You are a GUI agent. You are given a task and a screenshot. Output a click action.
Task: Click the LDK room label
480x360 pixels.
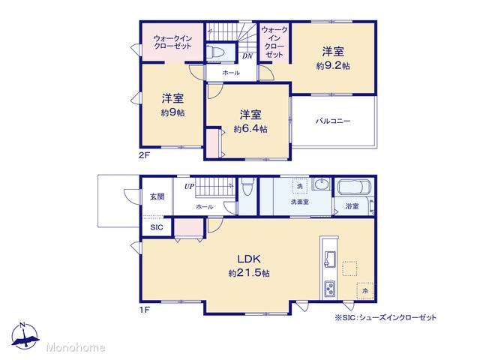(x=249, y=259)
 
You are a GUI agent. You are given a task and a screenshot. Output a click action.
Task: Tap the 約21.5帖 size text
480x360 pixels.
(x=249, y=273)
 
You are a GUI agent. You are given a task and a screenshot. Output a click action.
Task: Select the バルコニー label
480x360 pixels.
(x=333, y=121)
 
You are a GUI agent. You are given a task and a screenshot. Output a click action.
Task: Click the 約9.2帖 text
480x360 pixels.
(x=333, y=66)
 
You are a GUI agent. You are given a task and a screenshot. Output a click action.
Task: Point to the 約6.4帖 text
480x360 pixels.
(x=250, y=129)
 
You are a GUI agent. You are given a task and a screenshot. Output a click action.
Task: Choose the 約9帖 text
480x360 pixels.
(x=172, y=112)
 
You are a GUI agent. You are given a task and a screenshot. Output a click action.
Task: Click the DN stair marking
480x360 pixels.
(x=247, y=56)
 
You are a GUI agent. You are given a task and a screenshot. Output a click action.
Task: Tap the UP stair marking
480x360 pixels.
(x=189, y=186)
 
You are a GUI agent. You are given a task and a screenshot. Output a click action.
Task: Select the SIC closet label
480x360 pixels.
(x=157, y=227)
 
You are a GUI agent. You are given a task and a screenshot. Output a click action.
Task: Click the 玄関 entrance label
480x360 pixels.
(x=157, y=196)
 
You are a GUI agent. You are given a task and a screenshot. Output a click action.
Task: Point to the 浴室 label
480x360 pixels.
(x=352, y=206)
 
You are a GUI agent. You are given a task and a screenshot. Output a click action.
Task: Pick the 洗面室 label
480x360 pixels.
(x=300, y=202)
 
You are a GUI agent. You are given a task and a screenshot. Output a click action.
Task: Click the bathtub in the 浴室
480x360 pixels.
(x=354, y=187)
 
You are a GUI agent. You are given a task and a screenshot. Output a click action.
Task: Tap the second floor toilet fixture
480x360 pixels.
(x=215, y=52)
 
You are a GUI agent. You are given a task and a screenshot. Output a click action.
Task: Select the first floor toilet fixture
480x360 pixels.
(x=247, y=187)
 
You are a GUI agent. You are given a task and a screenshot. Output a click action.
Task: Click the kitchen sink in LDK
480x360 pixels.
(x=330, y=259)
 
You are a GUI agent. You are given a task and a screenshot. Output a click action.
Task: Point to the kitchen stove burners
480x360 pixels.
(x=330, y=289)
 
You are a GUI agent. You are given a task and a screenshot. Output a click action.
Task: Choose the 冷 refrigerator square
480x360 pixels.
(x=365, y=290)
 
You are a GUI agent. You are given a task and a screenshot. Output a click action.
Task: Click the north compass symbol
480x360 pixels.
(x=24, y=336)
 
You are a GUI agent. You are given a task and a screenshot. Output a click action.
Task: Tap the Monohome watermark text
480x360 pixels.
(x=76, y=347)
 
